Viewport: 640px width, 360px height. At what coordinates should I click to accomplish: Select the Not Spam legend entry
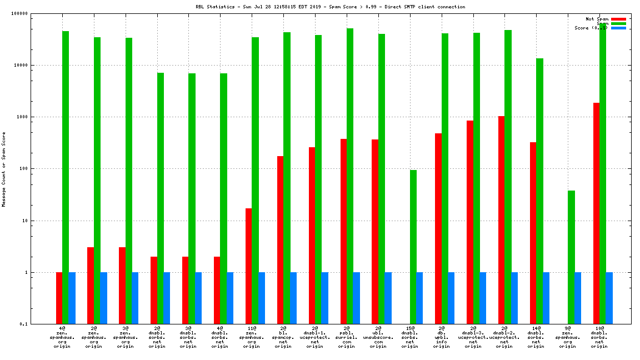click(597, 19)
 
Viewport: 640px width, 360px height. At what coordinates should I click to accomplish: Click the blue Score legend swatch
click(618, 28)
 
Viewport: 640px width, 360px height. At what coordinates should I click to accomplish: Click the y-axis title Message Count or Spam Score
click(4, 169)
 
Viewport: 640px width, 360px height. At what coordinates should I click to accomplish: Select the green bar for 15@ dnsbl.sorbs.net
click(413, 247)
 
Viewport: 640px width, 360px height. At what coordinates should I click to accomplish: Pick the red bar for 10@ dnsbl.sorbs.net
click(596, 213)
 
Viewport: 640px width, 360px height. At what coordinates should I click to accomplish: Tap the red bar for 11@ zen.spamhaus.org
click(249, 266)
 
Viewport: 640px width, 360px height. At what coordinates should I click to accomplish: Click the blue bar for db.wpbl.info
click(451, 298)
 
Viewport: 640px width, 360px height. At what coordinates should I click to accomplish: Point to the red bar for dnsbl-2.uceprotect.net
click(501, 220)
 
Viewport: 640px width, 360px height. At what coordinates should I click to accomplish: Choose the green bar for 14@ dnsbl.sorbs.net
click(539, 191)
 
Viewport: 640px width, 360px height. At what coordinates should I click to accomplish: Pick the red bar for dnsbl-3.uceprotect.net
click(470, 222)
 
